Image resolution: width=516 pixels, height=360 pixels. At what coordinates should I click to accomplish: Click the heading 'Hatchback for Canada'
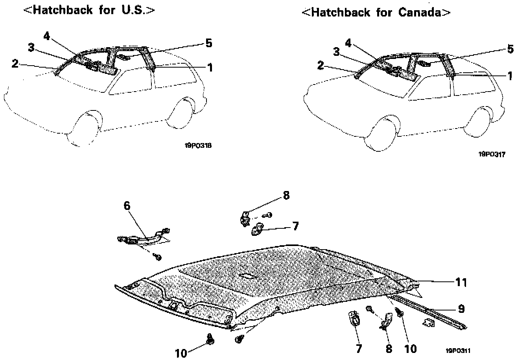(376, 12)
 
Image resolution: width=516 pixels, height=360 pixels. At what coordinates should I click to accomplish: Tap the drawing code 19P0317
(492, 154)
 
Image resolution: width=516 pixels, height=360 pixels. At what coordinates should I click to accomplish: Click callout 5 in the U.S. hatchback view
(208, 42)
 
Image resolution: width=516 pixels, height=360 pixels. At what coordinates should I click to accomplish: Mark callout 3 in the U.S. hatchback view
(31, 48)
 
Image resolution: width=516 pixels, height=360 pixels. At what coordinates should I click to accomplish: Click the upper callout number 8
(286, 195)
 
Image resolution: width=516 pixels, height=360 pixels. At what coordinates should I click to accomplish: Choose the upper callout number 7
(295, 226)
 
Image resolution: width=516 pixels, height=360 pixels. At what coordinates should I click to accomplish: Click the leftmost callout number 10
(181, 353)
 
